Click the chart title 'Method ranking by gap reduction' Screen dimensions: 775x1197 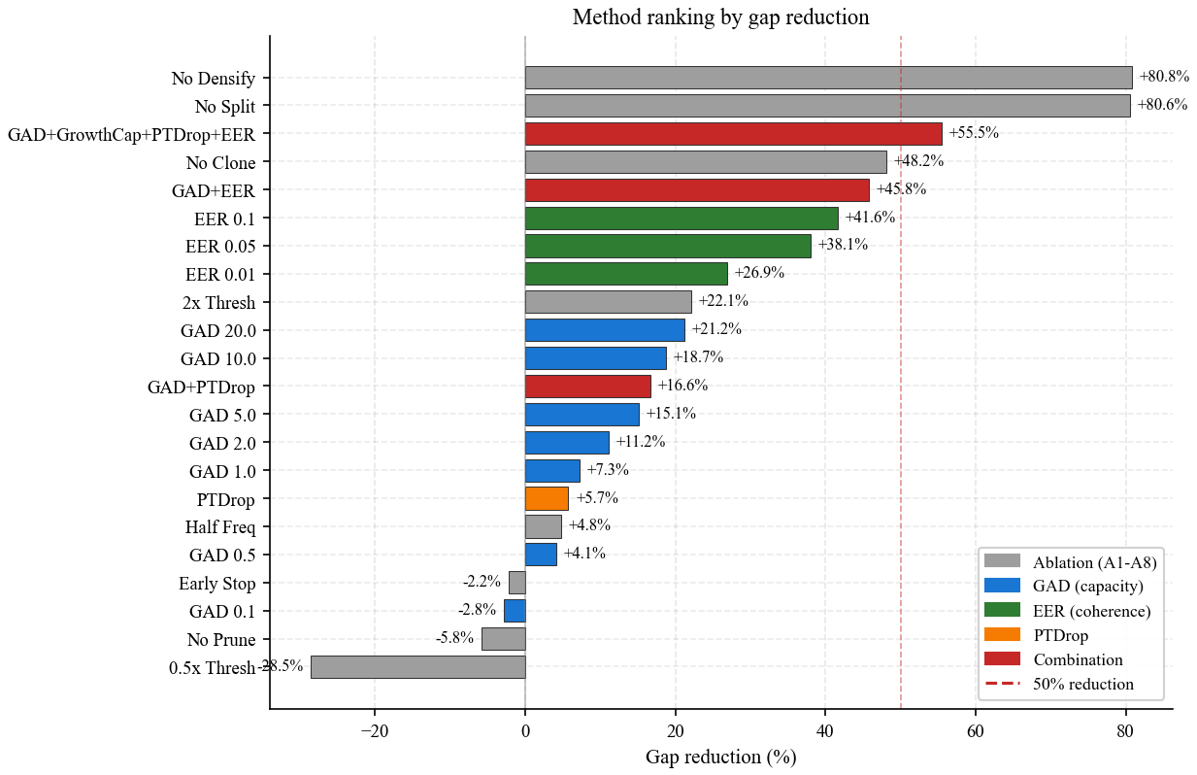(720, 17)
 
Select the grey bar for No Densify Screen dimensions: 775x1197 (828, 78)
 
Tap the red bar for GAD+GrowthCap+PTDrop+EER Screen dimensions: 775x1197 (733, 134)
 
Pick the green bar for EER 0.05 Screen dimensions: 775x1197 (668, 247)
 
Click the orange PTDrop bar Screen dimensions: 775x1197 (547, 499)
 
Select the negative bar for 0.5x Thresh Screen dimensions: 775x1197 (417, 667)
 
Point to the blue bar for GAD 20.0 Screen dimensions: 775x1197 (605, 330)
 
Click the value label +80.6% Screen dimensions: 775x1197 (1162, 105)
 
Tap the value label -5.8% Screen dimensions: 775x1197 (454, 638)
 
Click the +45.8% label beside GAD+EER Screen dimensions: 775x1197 (901, 189)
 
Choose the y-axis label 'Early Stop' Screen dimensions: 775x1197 (217, 584)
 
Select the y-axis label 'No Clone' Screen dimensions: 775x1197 (220, 162)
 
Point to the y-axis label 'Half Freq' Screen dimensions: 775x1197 (220, 527)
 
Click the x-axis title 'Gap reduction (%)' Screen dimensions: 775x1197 (720, 757)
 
